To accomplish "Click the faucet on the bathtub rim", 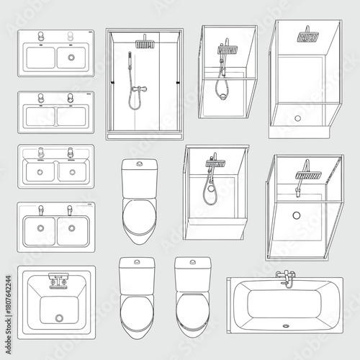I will coord(287,279).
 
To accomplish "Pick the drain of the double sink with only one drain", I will coord(71,55).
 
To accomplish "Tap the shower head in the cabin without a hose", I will coord(309,35).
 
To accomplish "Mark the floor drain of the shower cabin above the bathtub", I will coord(296,215).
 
